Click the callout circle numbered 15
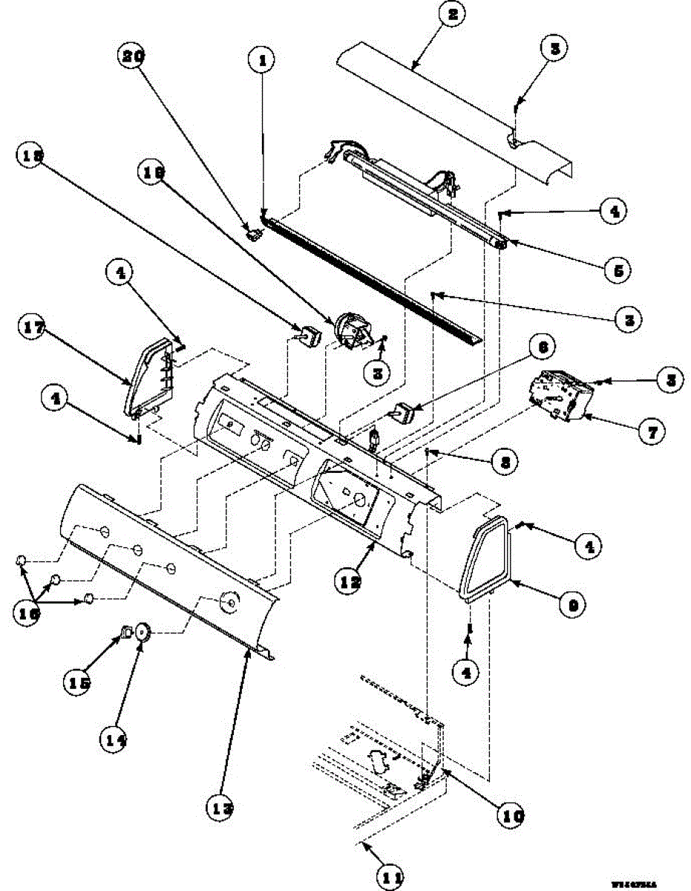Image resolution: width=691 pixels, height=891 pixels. click(x=79, y=682)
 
